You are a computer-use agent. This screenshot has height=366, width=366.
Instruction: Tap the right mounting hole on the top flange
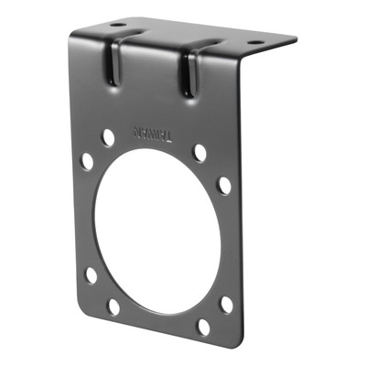point(254,42)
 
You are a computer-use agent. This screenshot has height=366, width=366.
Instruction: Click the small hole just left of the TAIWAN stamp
point(109,137)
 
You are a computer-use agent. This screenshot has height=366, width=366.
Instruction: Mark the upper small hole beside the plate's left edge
point(87,161)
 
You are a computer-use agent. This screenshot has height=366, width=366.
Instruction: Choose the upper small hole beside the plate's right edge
point(224,185)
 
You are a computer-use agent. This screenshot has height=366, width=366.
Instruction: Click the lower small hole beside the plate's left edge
point(91,274)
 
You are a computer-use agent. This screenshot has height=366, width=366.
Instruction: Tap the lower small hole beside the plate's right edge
point(226,304)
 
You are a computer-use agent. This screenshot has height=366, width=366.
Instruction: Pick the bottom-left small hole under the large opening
point(113,306)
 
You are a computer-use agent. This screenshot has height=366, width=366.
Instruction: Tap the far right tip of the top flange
point(295,40)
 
